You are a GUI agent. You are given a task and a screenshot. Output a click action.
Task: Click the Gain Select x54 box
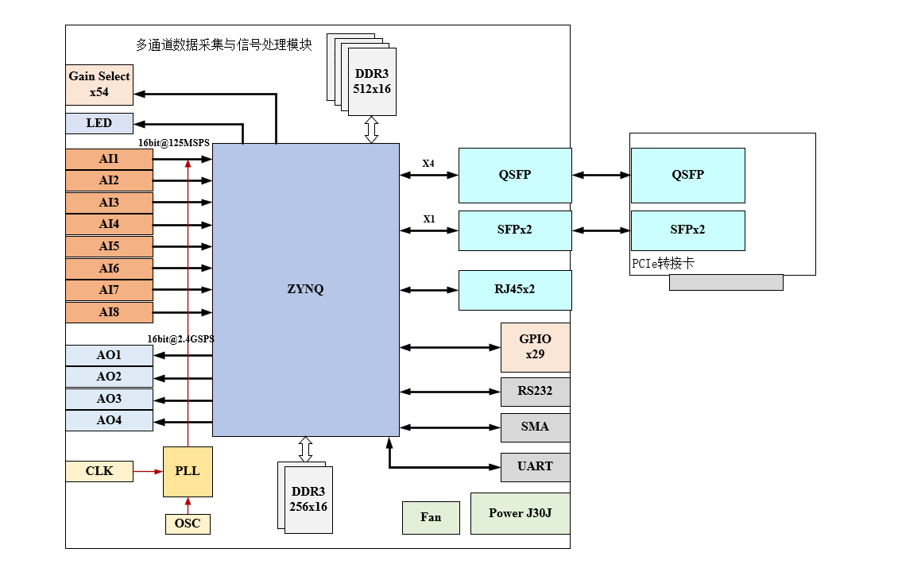99,84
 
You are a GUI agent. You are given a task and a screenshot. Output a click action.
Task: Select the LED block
99,123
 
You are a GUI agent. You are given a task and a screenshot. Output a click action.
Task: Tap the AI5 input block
109,246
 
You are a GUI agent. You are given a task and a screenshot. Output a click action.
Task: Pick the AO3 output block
109,398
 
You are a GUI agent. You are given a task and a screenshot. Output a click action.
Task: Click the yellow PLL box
188,471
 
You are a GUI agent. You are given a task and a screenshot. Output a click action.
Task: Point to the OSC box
188,524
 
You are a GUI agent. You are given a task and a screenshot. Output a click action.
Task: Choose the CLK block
99,471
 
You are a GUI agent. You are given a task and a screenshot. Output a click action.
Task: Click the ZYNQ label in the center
306,289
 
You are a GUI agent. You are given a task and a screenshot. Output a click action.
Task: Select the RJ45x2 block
515,289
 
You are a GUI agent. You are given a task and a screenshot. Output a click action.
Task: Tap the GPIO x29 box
535,347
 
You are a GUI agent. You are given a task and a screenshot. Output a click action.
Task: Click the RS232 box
535,391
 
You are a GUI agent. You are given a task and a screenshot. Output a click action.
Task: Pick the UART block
535,466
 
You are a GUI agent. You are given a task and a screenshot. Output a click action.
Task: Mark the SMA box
535,427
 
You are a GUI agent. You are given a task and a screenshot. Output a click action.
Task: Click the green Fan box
431,517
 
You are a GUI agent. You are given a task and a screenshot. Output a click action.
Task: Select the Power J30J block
521,513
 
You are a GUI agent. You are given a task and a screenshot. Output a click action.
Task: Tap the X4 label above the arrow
428,164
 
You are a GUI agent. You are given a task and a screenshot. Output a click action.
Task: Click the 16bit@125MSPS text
174,143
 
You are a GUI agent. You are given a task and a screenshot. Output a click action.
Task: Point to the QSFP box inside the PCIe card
687,175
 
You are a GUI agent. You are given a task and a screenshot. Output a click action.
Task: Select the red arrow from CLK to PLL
148,471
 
